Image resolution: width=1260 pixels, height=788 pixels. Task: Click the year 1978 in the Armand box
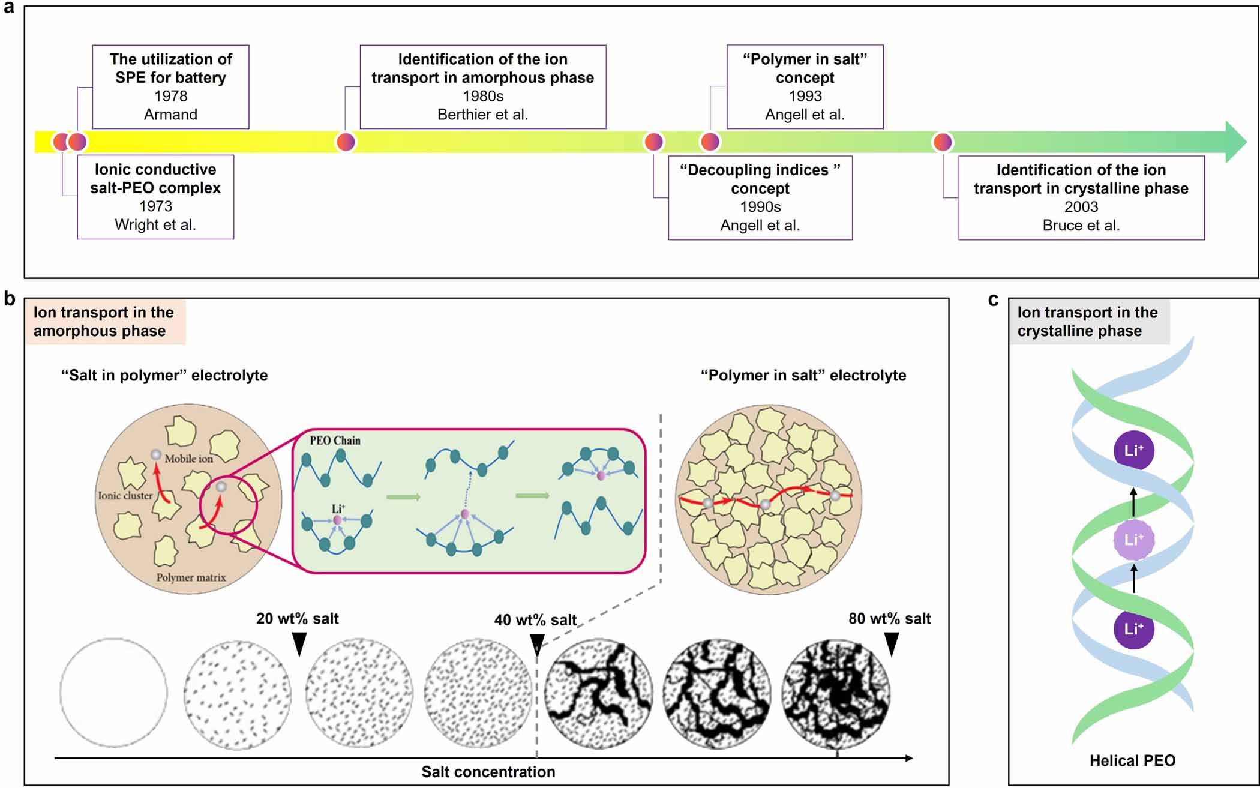[x=170, y=96]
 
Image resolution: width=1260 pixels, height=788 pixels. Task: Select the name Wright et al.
[x=155, y=225]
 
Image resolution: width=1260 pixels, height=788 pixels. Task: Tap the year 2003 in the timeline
[x=1081, y=207]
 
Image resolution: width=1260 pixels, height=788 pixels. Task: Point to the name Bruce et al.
[x=1081, y=226]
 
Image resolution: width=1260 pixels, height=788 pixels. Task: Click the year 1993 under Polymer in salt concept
[x=805, y=96]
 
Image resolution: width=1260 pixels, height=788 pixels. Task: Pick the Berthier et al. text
[x=482, y=115]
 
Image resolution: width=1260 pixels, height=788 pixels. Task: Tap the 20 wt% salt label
[x=297, y=619]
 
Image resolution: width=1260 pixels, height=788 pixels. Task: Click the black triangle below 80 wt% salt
[x=892, y=644]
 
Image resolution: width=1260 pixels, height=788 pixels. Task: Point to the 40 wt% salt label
[x=535, y=620]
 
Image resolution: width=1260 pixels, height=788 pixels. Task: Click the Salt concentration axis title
[x=488, y=772]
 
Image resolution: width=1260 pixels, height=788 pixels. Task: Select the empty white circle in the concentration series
[x=113, y=693]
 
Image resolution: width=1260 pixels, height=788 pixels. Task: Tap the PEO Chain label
[x=335, y=441]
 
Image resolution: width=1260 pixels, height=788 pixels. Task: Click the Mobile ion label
[x=189, y=459]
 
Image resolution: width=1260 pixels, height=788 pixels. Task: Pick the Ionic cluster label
[x=125, y=496]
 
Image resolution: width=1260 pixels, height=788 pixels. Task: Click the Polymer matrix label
[x=191, y=577]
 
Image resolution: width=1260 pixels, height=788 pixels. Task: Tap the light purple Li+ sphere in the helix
[x=1133, y=540]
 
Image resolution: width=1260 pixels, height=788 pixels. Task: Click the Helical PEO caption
[x=1132, y=761]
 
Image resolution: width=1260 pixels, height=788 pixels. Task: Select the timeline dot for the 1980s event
[x=346, y=142]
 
